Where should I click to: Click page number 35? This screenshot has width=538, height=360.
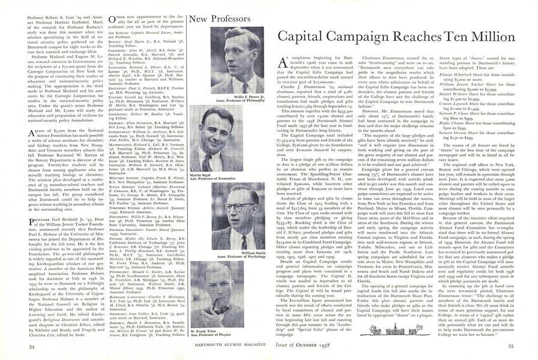(x=519, y=346)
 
